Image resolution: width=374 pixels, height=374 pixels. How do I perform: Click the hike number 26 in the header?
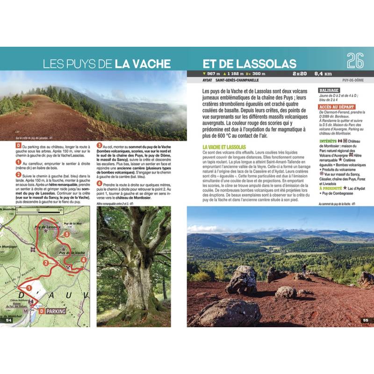pos(355,61)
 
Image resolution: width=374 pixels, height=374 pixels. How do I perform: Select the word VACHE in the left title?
pos(144,64)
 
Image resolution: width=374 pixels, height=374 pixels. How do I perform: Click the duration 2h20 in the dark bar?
pos(297,73)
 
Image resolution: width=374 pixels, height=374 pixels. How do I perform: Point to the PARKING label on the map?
pos(55,311)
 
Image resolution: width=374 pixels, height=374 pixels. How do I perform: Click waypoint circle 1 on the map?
pos(29,288)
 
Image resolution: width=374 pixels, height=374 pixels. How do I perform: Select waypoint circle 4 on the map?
pos(83,260)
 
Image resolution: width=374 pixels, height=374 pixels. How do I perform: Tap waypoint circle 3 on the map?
pos(67,234)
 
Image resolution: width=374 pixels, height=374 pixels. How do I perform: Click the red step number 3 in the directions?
pos(99,146)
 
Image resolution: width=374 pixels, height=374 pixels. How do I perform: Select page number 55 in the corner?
pos(366,320)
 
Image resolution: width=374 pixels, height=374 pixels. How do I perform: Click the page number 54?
pos(8,320)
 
